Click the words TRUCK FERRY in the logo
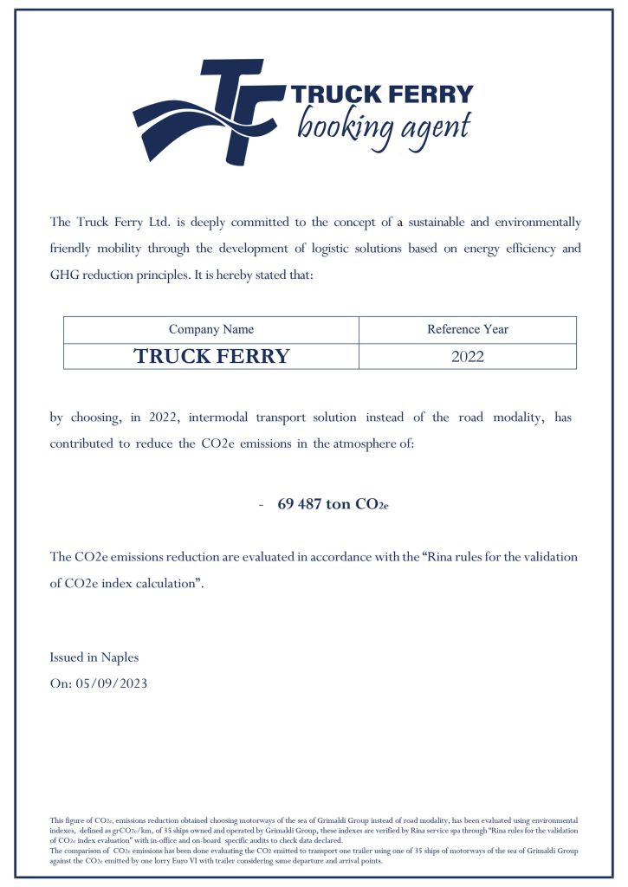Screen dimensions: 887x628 point(382,94)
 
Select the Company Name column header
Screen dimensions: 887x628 point(211,329)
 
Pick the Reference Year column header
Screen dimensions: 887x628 point(468,329)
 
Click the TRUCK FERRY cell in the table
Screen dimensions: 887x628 point(211,356)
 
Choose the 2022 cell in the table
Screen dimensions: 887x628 point(468,356)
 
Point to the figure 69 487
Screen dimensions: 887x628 point(300,504)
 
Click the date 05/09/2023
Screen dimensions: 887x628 point(112,683)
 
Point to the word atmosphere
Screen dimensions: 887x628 point(360,443)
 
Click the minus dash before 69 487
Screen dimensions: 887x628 point(261,504)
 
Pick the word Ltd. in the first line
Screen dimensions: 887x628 point(164,223)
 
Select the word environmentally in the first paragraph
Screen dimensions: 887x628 point(538,223)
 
